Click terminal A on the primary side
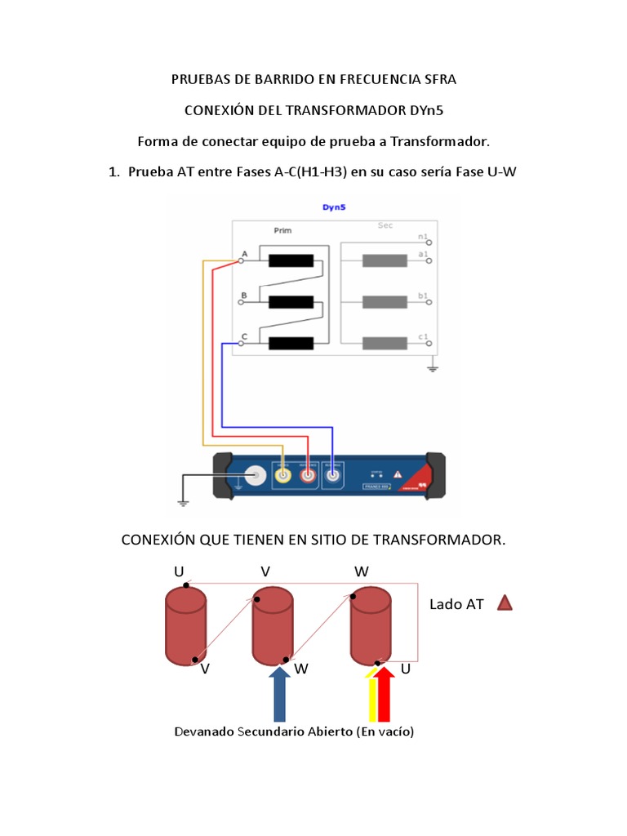pyautogui.click(x=241, y=260)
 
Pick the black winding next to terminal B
pyautogui.click(x=291, y=301)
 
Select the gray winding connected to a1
pyautogui.click(x=385, y=261)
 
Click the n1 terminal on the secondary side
pyautogui.click(x=429, y=242)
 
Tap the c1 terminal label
pyautogui.click(x=423, y=336)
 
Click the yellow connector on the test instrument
pyautogui.click(x=282, y=475)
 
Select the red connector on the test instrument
pyautogui.click(x=308, y=475)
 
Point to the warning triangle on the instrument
pyautogui.click(x=398, y=474)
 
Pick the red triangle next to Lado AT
pyautogui.click(x=505, y=603)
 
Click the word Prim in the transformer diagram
pyautogui.click(x=270, y=231)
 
